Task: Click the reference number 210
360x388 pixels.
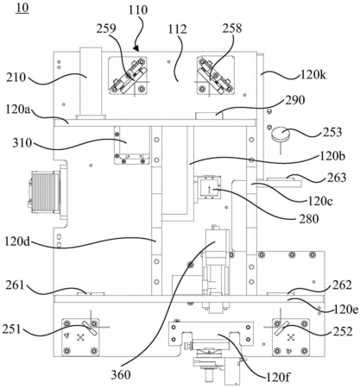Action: (x=16, y=78)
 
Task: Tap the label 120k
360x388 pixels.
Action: (x=313, y=75)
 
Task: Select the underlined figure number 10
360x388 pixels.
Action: (x=22, y=8)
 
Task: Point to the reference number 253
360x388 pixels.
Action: (x=332, y=132)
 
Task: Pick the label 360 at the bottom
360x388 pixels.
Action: (x=121, y=375)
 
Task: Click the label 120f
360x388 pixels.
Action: (x=277, y=377)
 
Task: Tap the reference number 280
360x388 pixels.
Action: (x=309, y=219)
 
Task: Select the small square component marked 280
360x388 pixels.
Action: (x=210, y=188)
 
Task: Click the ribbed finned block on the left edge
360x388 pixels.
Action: (x=44, y=192)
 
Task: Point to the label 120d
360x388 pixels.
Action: (x=17, y=241)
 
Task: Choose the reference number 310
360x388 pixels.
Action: (x=22, y=143)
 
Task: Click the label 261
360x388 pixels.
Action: (x=16, y=286)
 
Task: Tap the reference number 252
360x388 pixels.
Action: (x=343, y=332)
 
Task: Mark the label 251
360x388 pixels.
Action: (x=12, y=329)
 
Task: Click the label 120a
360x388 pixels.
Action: (x=19, y=110)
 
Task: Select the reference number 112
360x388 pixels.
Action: (x=178, y=29)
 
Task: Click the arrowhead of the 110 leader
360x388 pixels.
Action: (x=136, y=48)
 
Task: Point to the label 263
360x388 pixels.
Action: (x=337, y=178)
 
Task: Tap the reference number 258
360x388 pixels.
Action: (x=232, y=28)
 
